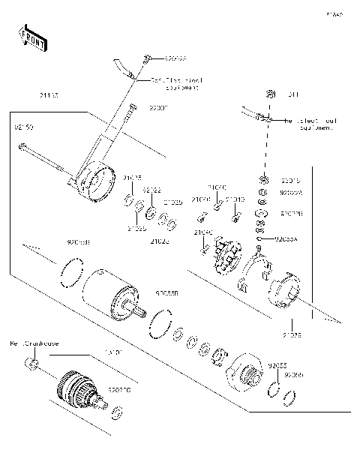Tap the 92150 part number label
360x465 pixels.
(x=24, y=127)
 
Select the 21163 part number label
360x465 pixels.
(x=49, y=95)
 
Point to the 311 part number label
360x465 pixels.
(x=292, y=94)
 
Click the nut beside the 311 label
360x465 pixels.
(x=268, y=94)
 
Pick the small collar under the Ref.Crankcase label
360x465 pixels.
(x=32, y=364)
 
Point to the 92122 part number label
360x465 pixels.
(x=152, y=190)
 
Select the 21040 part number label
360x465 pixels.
(x=204, y=232)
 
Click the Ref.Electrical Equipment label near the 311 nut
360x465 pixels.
(x=307, y=124)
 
